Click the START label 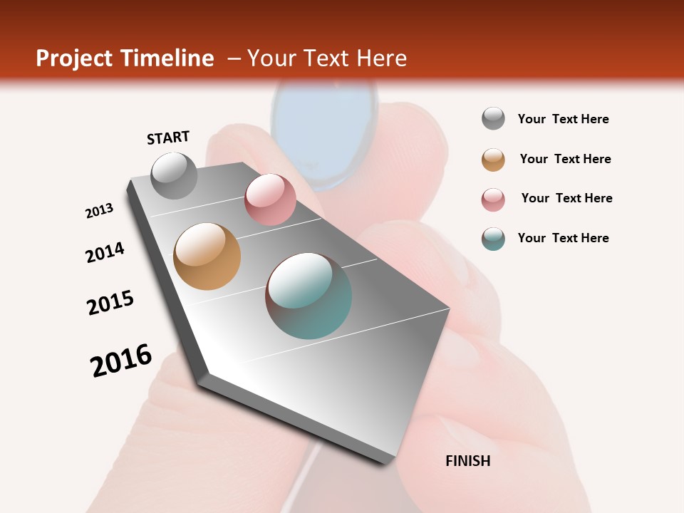coord(168,138)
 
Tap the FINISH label coord(467,461)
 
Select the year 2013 coord(99,211)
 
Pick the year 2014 coord(105,252)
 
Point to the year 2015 coord(110,303)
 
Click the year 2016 coord(121,360)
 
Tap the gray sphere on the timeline coord(175,175)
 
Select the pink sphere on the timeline coord(270,199)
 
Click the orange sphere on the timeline coord(207,256)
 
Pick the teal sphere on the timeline coord(309,296)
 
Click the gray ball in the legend coord(493,118)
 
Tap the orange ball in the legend coord(493,160)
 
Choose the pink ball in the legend coord(493,199)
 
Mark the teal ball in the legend coord(493,239)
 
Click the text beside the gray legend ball coord(563,119)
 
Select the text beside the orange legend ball coord(565,159)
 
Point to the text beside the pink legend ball coord(566,198)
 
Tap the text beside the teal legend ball coord(563,238)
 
